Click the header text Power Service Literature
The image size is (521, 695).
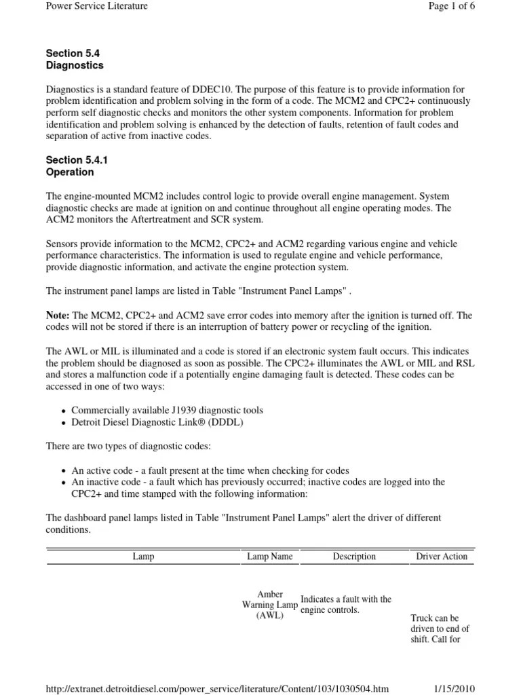click(x=96, y=6)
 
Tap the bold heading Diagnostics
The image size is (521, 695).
click(x=75, y=66)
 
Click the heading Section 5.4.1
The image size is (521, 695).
click(x=77, y=160)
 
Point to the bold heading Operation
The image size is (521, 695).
click(x=70, y=172)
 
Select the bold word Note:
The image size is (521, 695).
click(x=58, y=316)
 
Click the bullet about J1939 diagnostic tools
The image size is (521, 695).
click(x=167, y=410)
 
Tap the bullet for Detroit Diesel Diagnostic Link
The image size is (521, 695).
click(x=157, y=422)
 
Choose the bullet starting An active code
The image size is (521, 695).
click(x=210, y=470)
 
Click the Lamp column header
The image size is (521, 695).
click(x=143, y=557)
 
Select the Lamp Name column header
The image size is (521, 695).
click(x=270, y=557)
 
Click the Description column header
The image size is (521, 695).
click(x=354, y=557)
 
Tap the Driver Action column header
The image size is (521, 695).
click(x=442, y=557)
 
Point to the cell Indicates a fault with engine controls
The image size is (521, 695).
click(x=346, y=605)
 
